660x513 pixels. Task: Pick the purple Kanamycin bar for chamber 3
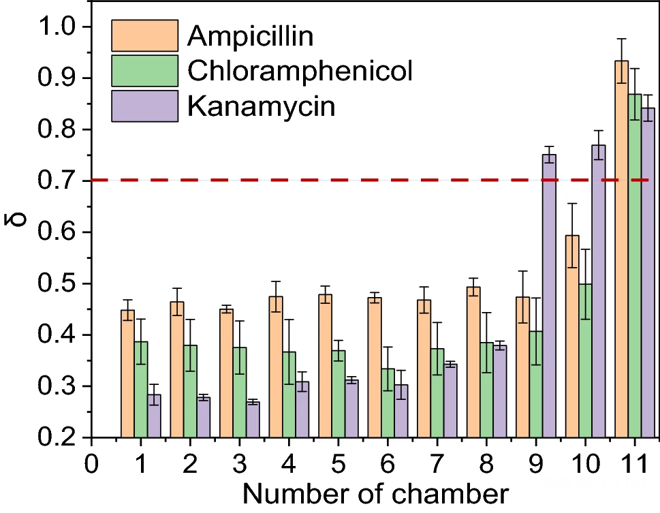pos(252,420)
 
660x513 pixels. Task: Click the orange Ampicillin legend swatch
pos(144,35)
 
